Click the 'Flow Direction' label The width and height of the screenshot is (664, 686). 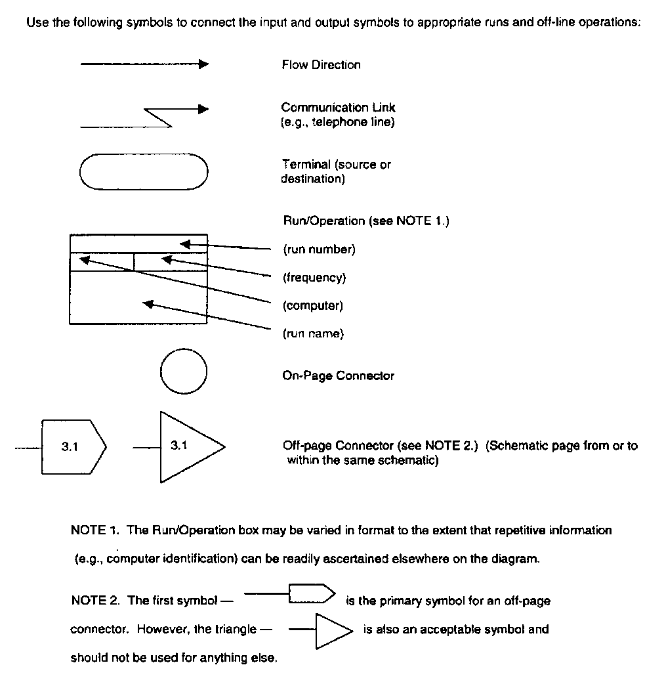(x=321, y=65)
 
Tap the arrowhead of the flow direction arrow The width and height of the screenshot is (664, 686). (x=203, y=64)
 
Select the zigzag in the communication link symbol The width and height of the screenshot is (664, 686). (x=157, y=117)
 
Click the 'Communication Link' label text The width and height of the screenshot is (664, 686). (x=338, y=108)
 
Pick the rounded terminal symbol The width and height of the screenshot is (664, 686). (x=143, y=172)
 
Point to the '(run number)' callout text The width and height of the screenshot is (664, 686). (x=319, y=249)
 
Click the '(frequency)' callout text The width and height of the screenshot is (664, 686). (x=314, y=278)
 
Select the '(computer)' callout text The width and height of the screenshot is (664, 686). (x=313, y=306)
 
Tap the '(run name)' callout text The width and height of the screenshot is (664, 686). (x=313, y=334)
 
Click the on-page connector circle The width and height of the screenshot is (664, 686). (x=184, y=373)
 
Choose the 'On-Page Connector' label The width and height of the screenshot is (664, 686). (x=338, y=376)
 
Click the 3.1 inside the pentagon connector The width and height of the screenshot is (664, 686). (x=70, y=447)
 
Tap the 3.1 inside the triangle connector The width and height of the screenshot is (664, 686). (x=178, y=446)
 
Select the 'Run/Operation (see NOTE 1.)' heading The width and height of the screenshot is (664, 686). (x=365, y=221)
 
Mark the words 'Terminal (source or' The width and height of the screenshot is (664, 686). (x=336, y=165)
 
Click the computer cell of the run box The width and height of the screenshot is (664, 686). (x=102, y=262)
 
